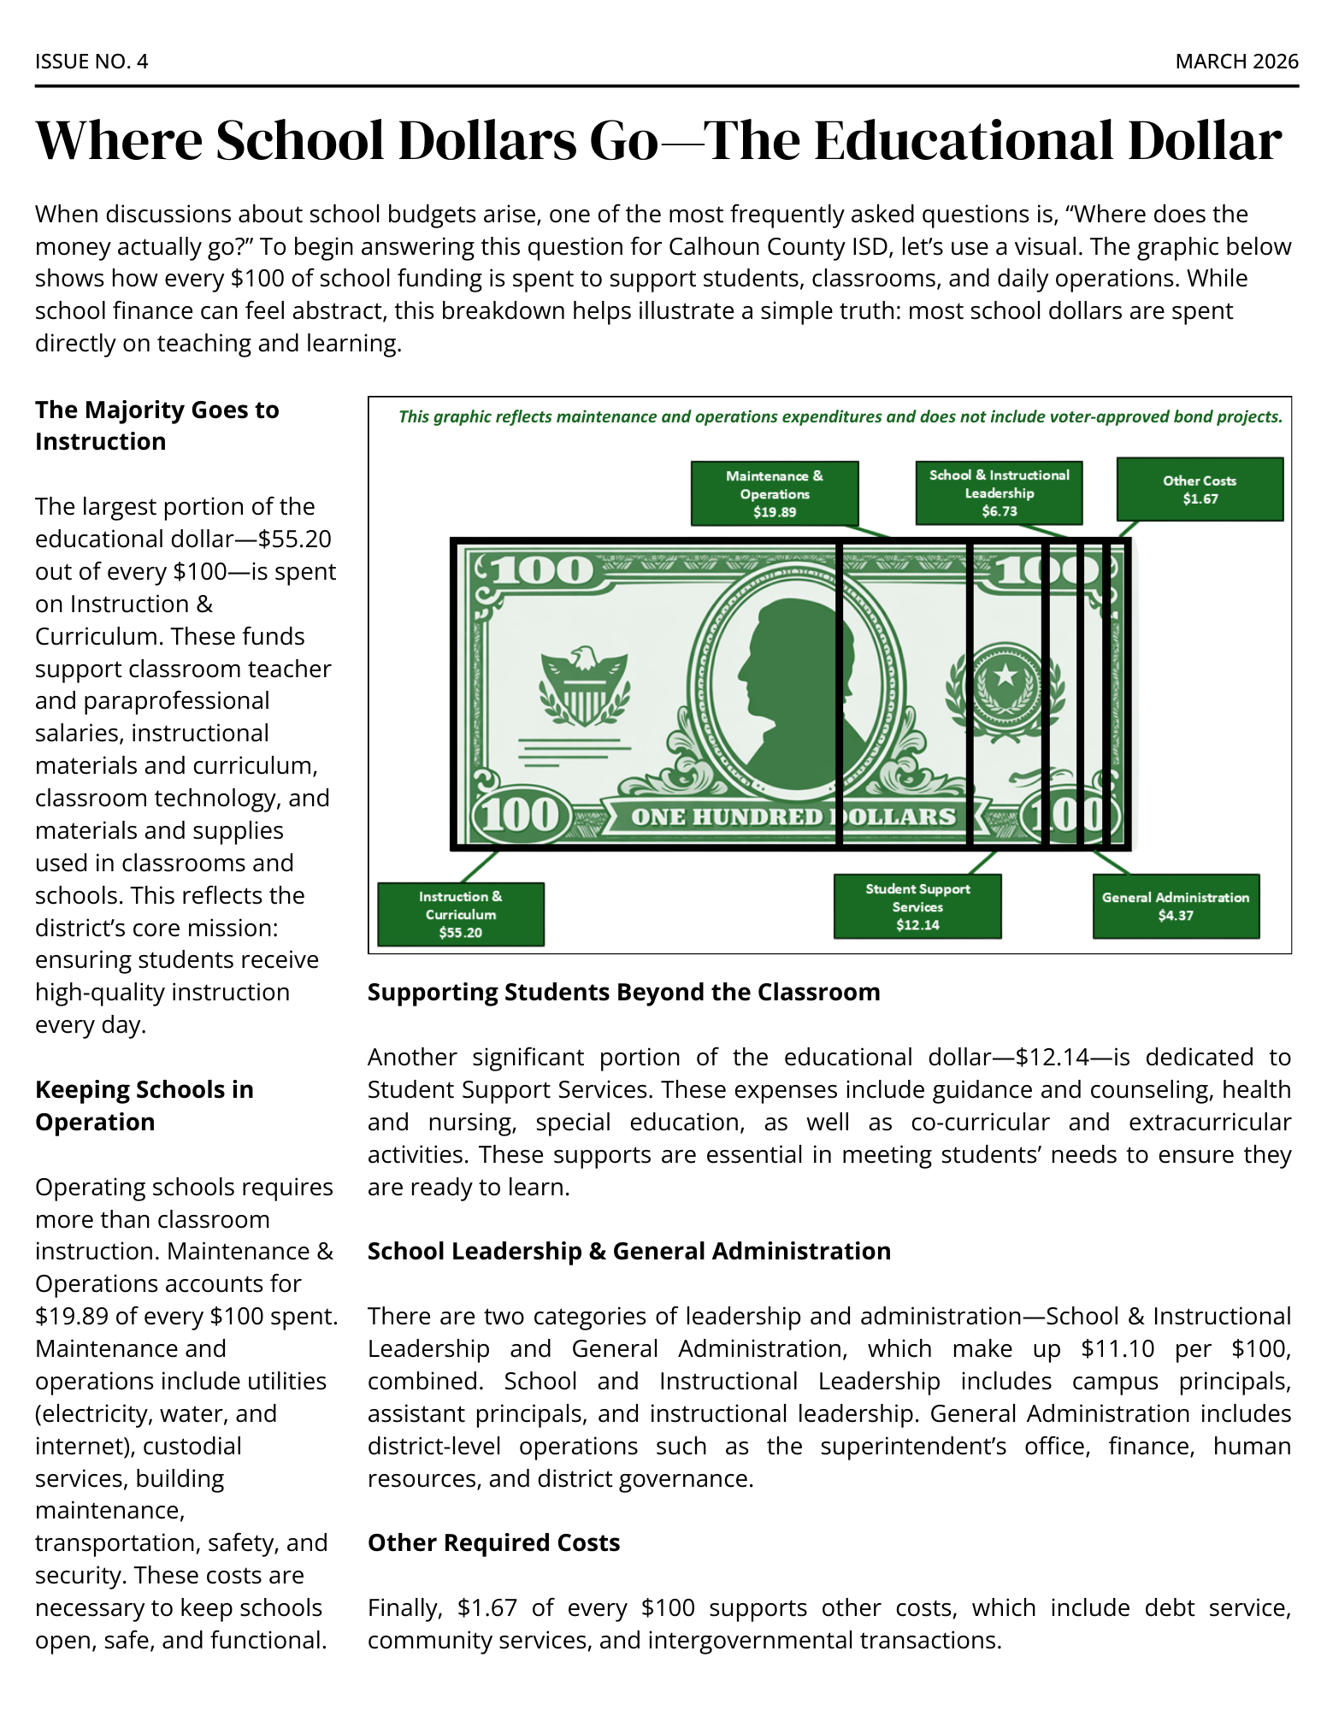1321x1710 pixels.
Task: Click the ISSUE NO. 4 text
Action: pos(91,62)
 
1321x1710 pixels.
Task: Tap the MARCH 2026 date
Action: pos(1235,62)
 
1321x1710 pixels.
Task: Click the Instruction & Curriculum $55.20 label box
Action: pos(460,914)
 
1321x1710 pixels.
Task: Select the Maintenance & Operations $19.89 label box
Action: pos(774,493)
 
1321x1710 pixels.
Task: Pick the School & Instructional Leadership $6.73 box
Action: pos(999,493)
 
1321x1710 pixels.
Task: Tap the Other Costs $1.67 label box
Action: pos(1199,489)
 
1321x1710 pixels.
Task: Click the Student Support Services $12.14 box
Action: pos(917,906)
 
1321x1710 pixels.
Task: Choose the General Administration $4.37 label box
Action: pos(1175,906)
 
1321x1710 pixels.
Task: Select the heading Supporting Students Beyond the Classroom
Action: pos(623,992)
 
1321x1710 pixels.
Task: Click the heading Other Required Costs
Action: pos(493,1542)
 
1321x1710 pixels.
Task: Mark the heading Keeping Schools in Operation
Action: pos(144,1106)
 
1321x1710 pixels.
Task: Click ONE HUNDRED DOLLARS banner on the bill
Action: pos(793,817)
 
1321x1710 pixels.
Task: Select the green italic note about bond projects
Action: pos(840,416)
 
